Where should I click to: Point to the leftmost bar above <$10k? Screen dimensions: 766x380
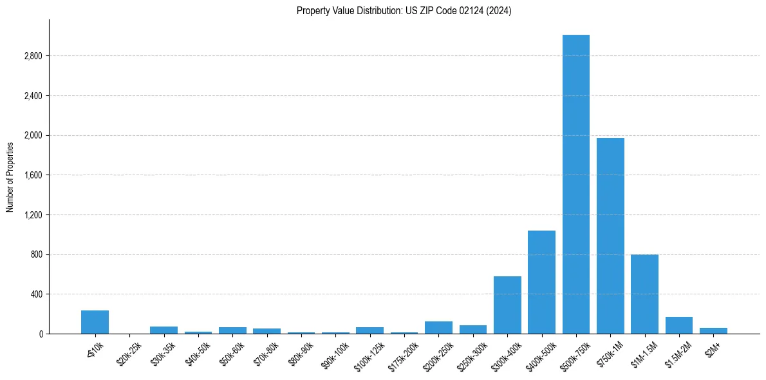click(95, 322)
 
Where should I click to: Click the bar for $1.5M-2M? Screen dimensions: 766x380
click(678, 325)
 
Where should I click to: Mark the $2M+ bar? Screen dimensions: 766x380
click(713, 330)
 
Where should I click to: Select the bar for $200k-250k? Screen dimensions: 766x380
click(438, 327)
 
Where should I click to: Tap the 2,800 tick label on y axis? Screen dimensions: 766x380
click(33, 56)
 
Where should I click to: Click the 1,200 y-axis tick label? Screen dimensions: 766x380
click(33, 215)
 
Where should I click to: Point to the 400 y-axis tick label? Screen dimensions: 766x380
click(37, 294)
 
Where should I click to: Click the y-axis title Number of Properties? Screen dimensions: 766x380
click(10, 176)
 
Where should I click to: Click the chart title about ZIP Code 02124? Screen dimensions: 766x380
click(404, 11)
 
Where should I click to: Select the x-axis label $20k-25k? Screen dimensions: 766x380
click(129, 353)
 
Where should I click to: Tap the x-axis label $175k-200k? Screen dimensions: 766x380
click(403, 355)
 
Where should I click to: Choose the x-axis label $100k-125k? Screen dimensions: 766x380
click(369, 355)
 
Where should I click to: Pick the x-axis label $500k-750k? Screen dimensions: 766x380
click(575, 355)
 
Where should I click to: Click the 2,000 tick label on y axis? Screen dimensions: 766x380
click(33, 136)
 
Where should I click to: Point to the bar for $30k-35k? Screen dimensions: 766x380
click(163, 330)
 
